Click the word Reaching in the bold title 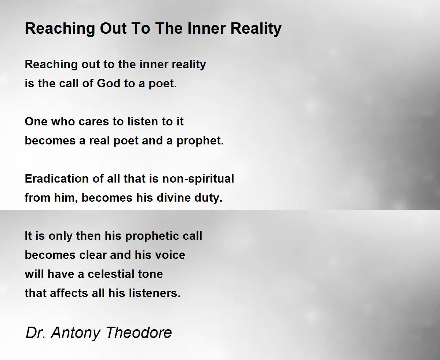coord(60,29)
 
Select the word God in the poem coord(109,84)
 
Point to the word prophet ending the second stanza coord(200,141)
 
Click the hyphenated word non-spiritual coord(198,179)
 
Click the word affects coord(69,293)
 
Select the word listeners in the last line coord(155,293)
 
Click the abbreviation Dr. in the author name coord(36,333)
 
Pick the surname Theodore coord(139,333)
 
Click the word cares coord(93,122)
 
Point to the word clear coord(93,255)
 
